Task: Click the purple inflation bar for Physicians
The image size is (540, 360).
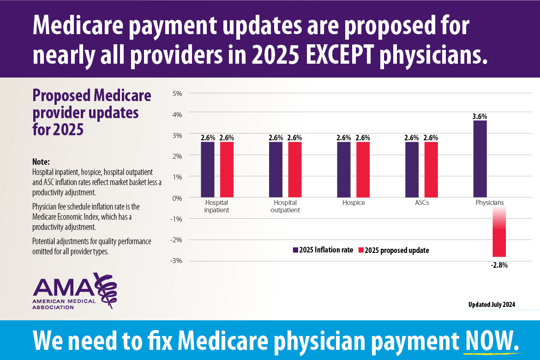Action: click(x=480, y=159)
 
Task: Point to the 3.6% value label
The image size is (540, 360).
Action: click(x=480, y=117)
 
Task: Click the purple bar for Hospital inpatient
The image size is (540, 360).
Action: click(x=208, y=169)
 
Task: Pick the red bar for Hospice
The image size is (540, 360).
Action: click(x=363, y=169)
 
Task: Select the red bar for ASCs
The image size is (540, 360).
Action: click(x=431, y=169)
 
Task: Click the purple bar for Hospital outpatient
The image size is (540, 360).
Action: click(x=276, y=169)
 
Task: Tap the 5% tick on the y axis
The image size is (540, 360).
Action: click(x=177, y=93)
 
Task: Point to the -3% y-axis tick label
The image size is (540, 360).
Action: click(x=176, y=261)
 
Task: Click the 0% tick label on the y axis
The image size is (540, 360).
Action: click(x=177, y=198)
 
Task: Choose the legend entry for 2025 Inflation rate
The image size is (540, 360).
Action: click(x=323, y=250)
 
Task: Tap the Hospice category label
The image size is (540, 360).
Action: click(x=354, y=203)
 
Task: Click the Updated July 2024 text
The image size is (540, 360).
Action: click(x=492, y=305)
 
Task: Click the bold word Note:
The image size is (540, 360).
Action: click(x=41, y=162)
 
